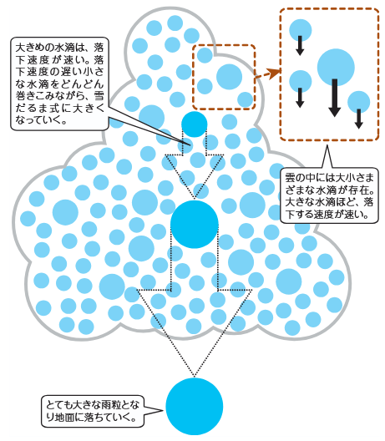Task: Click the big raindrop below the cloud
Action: coord(195,407)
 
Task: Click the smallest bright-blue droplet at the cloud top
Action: coord(195,124)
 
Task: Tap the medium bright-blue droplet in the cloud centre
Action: coord(195,224)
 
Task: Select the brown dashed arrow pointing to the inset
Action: coord(268,73)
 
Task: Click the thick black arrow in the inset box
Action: coord(335,98)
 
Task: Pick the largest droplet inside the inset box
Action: coord(336,67)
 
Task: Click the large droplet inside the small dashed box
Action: coord(229,77)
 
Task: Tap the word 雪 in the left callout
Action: coord(99,96)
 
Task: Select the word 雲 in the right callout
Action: coord(291,178)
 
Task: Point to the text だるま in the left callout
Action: coord(33,108)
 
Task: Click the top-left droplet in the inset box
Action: coord(301,30)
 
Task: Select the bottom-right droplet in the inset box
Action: coord(358,102)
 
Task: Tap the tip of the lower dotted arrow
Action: coord(195,377)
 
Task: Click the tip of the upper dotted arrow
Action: coord(195,198)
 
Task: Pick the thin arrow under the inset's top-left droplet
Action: coord(300,46)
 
